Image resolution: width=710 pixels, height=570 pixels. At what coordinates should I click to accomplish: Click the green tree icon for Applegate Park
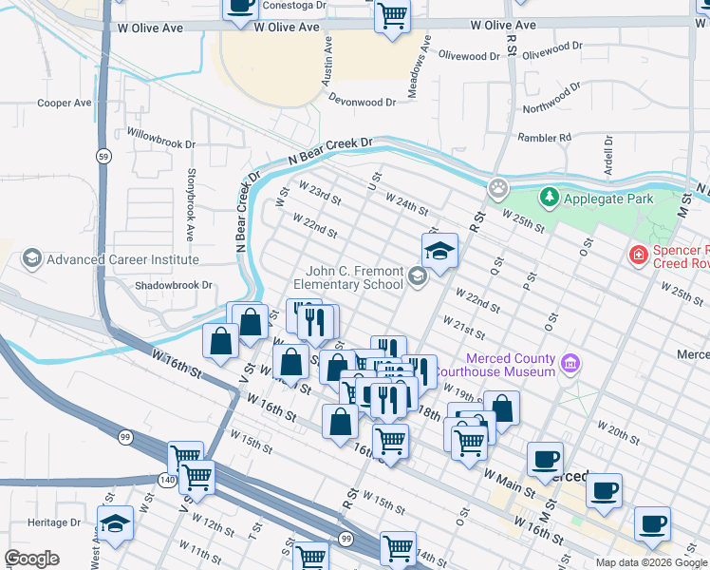click(x=549, y=199)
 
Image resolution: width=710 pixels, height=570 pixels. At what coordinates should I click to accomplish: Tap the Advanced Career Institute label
click(x=122, y=259)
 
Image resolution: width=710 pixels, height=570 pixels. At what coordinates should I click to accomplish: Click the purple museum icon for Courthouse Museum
click(x=570, y=363)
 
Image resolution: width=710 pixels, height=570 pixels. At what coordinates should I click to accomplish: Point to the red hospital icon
click(x=638, y=255)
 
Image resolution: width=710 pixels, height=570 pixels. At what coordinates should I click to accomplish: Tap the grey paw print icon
click(x=497, y=188)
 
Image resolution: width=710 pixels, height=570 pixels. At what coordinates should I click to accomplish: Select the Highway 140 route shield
click(x=169, y=481)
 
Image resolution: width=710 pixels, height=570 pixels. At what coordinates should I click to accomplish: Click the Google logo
click(x=31, y=559)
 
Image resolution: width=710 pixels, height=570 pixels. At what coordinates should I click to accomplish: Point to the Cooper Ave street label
click(x=64, y=103)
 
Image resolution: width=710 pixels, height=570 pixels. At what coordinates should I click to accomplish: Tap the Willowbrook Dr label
click(x=160, y=139)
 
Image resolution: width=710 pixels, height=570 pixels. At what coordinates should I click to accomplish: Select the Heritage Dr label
click(x=54, y=522)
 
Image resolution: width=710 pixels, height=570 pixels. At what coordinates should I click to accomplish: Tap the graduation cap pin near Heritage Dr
click(x=115, y=524)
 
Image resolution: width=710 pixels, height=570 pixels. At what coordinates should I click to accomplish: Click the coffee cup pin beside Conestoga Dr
click(x=239, y=7)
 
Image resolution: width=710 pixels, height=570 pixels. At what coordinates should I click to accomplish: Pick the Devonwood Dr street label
click(x=363, y=102)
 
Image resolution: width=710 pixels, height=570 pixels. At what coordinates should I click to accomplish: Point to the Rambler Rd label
click(x=544, y=138)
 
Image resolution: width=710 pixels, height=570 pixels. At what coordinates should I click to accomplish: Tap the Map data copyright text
click(x=651, y=562)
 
